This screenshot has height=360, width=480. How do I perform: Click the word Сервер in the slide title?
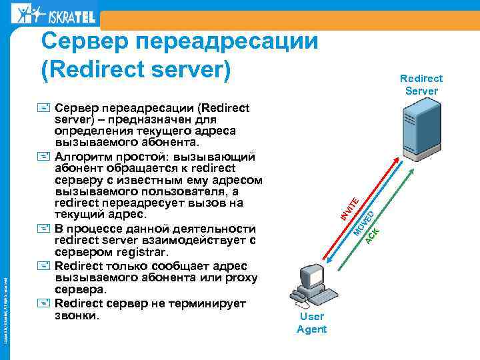pos(86,42)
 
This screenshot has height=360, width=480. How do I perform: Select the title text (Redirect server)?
pos(136,69)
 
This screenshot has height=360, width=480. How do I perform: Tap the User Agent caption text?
pos(311,323)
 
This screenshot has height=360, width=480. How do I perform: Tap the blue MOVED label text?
pos(363,221)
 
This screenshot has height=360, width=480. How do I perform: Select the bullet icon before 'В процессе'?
pos(45,228)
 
